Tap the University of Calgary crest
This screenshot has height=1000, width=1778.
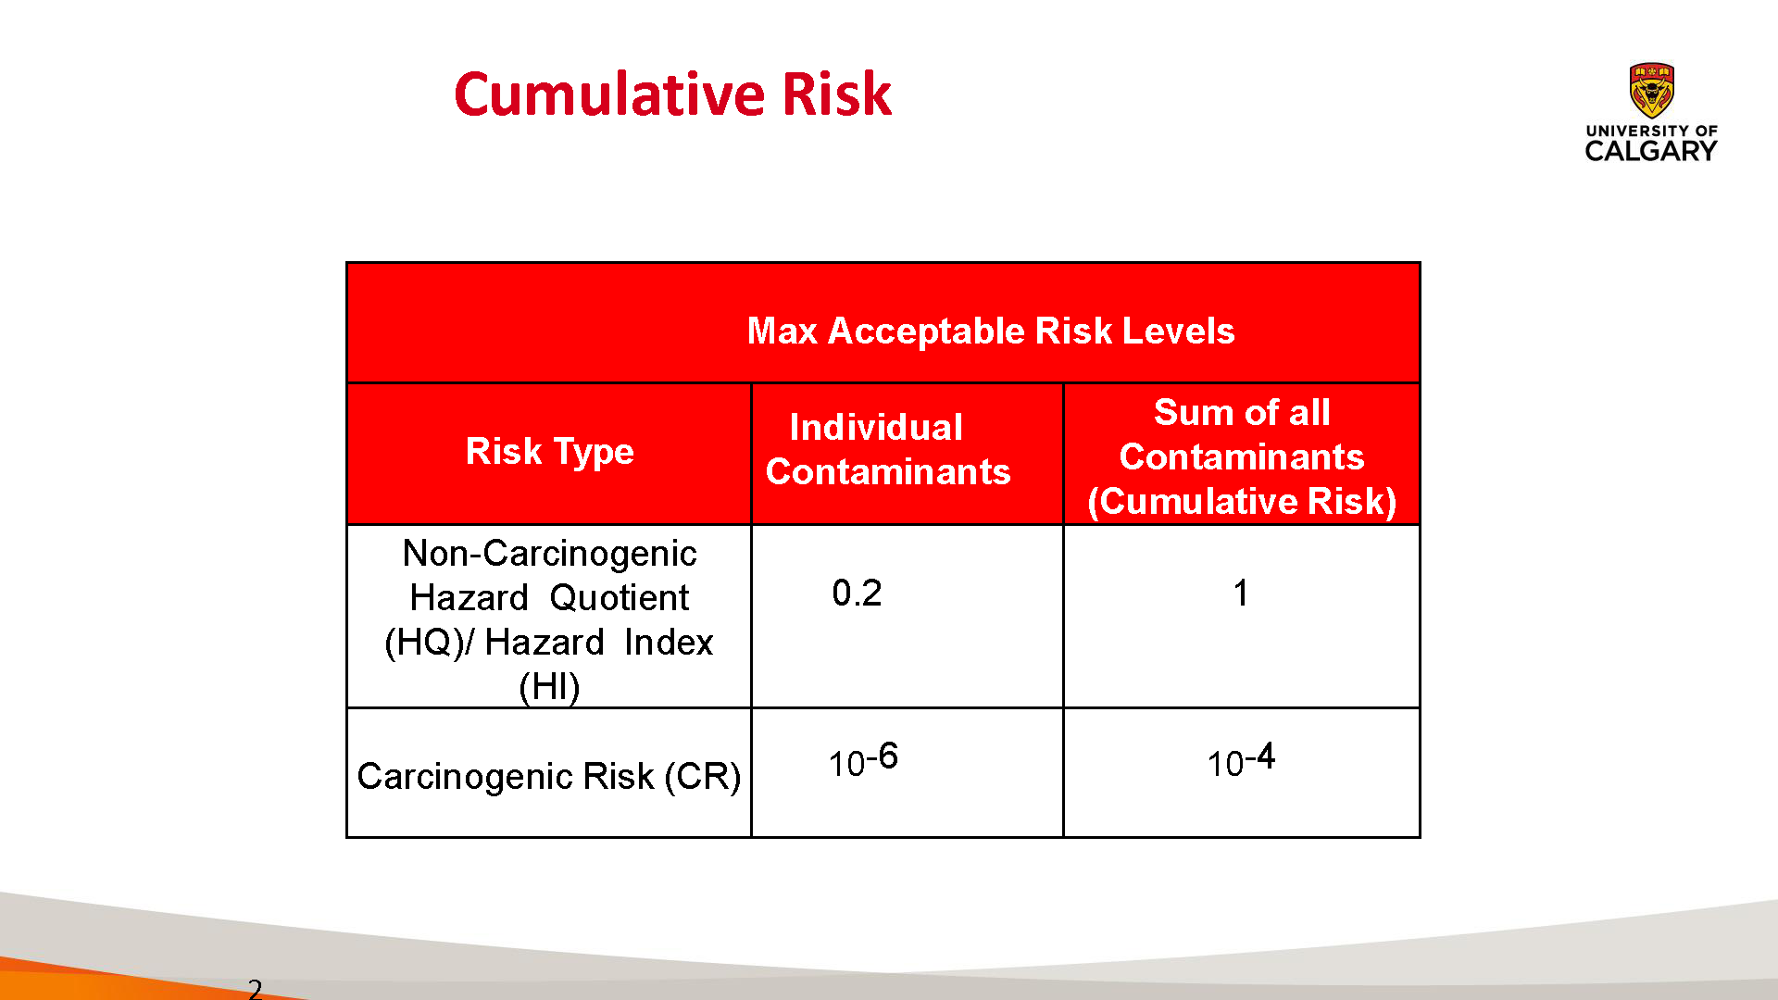pyautogui.click(x=1651, y=90)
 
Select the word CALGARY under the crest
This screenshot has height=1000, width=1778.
pyautogui.click(x=1651, y=151)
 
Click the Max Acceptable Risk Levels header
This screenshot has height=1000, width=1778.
pyautogui.click(x=991, y=331)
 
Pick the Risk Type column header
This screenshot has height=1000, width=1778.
pyautogui.click(x=550, y=452)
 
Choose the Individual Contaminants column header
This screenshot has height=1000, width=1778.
pyautogui.click(x=888, y=449)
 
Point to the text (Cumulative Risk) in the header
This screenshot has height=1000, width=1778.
pyautogui.click(x=1242, y=501)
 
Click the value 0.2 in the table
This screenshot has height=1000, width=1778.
pyautogui.click(x=857, y=593)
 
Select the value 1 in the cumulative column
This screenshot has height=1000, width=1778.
pyautogui.click(x=1241, y=593)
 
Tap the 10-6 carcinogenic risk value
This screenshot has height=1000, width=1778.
pyautogui.click(x=863, y=760)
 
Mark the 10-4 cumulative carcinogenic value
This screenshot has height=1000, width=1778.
pyautogui.click(x=1241, y=760)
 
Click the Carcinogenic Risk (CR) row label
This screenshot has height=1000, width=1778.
pyautogui.click(x=549, y=776)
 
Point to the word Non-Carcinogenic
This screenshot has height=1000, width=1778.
pyautogui.click(x=549, y=553)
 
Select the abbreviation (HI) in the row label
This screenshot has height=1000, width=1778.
pyautogui.click(x=549, y=687)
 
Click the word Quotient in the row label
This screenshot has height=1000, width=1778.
pyautogui.click(x=619, y=597)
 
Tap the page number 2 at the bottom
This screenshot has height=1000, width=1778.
pyautogui.click(x=255, y=989)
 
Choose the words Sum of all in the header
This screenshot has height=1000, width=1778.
pyautogui.click(x=1242, y=412)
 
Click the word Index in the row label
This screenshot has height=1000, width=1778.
pyautogui.click(x=669, y=642)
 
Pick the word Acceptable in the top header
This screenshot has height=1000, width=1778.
pyautogui.click(x=926, y=331)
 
